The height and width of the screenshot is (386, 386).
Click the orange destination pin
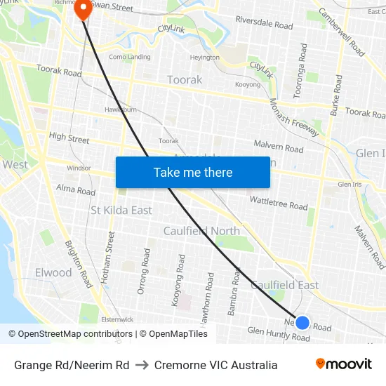[83, 9]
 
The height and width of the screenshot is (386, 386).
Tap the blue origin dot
[302, 323]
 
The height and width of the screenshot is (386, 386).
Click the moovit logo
[344, 364]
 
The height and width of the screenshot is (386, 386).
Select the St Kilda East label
[121, 211]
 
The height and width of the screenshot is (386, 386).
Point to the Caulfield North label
[201, 231]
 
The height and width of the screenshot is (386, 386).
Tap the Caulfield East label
[285, 286]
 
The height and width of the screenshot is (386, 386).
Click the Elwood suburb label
[53, 272]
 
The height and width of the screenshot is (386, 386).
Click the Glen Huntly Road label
[279, 334]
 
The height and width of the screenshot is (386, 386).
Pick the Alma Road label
[75, 190]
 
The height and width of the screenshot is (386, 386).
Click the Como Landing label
[129, 57]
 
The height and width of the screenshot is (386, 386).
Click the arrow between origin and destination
[141, 365]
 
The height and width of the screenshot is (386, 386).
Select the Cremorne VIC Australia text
[215, 365]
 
